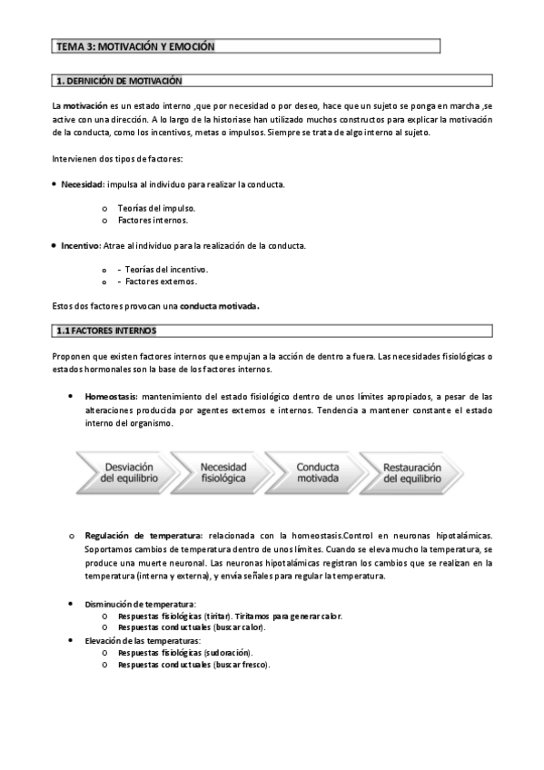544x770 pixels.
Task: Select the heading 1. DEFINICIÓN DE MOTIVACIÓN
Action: click(119, 81)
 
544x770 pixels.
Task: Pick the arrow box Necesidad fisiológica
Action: click(223, 472)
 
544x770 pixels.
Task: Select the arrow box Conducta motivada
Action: click(317, 472)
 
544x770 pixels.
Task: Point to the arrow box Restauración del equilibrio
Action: click(411, 472)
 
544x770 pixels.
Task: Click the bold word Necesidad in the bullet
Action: click(82, 184)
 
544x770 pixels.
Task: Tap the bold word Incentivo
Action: click(80, 245)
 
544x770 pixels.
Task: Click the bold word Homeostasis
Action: click(111, 397)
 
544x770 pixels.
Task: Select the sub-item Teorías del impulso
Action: click(156, 208)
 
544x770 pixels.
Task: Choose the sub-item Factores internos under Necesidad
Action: click(153, 220)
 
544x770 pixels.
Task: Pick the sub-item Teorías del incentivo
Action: click(166, 269)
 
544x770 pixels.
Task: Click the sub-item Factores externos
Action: click(161, 281)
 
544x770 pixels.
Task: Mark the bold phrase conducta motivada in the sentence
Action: click(220, 306)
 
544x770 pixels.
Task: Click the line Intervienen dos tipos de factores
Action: click(117, 160)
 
